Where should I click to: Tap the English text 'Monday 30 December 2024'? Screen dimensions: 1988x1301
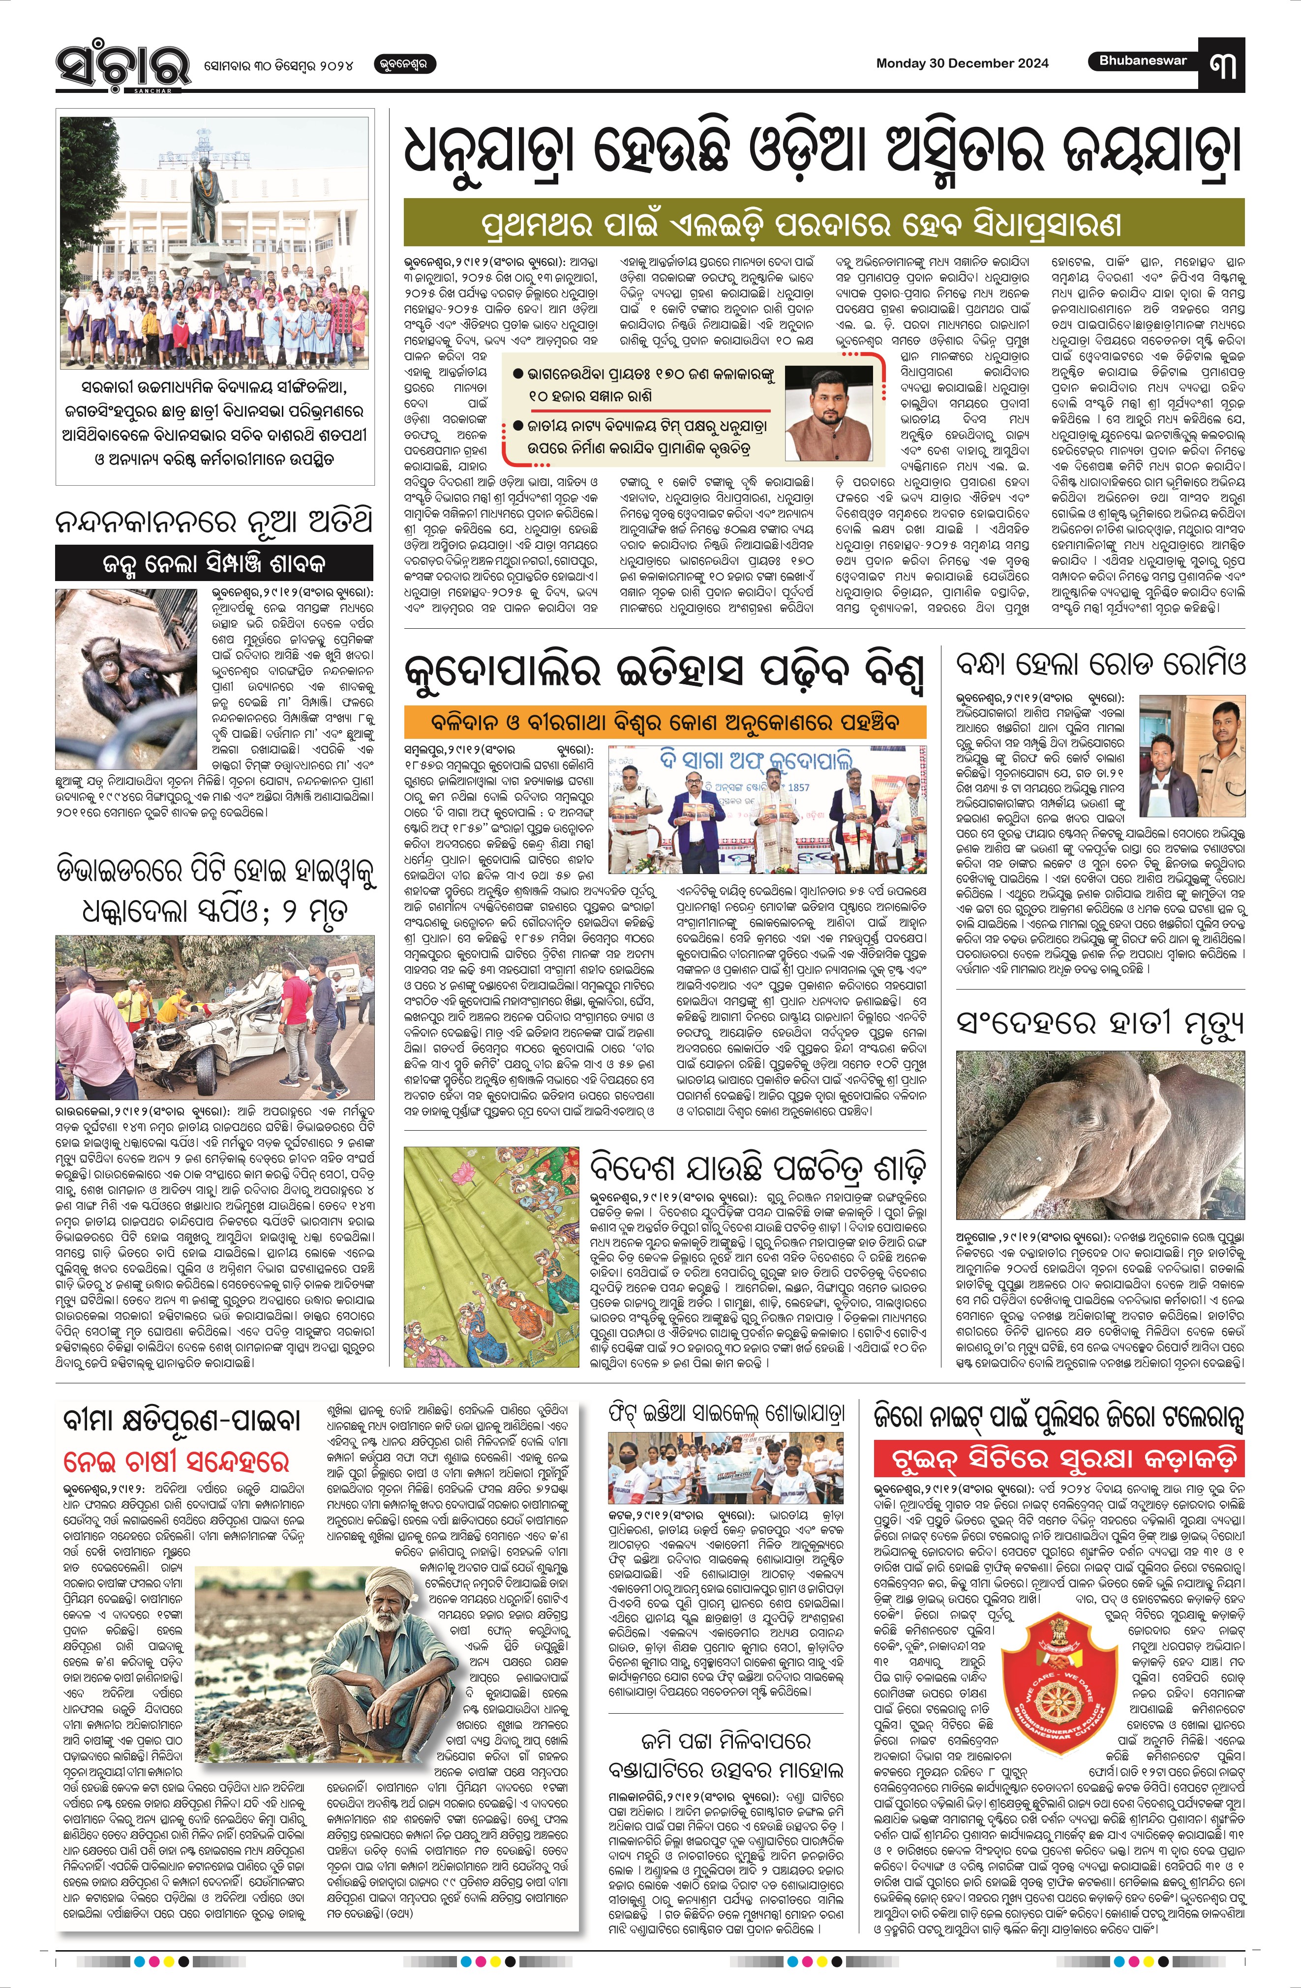tap(962, 63)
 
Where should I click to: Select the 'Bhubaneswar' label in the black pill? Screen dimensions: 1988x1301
tap(1142, 61)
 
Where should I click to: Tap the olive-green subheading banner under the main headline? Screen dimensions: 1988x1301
tap(823, 223)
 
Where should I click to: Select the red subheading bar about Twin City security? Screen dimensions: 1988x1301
tap(1059, 1459)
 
